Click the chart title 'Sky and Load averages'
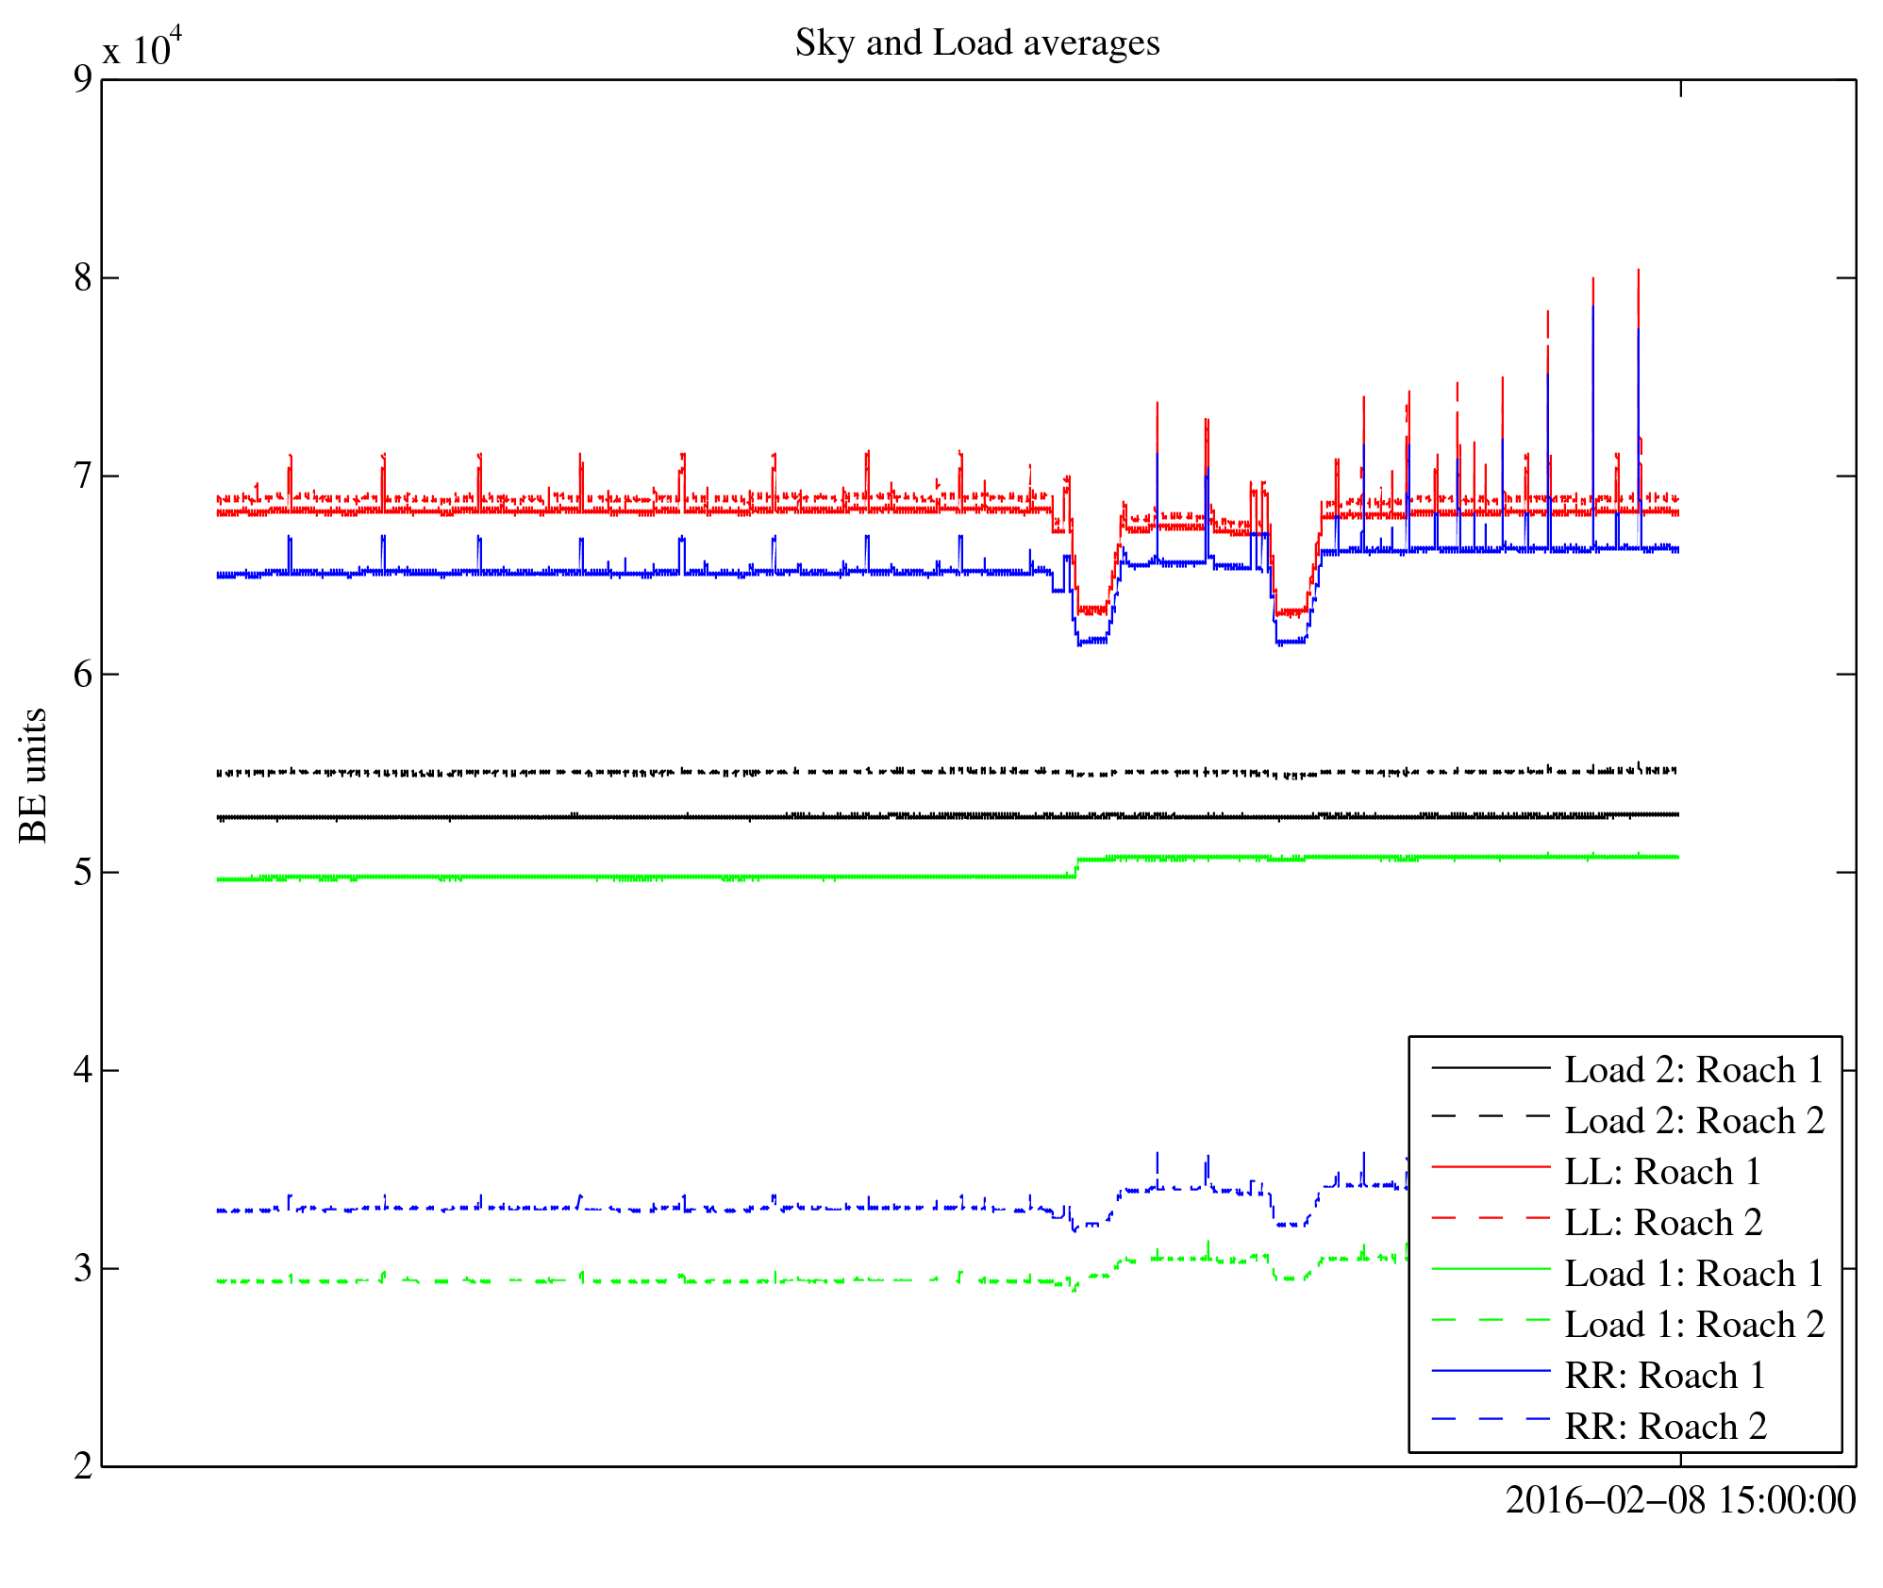976,43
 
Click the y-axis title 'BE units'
34,775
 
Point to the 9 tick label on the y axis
84,79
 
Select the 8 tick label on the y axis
84,277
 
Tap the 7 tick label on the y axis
84,476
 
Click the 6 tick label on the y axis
84,674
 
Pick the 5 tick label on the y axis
84,872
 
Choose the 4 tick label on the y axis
84,1070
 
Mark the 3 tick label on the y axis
84,1268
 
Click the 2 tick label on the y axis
84,1466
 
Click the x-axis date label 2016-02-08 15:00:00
1679,1500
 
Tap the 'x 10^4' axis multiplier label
142,47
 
